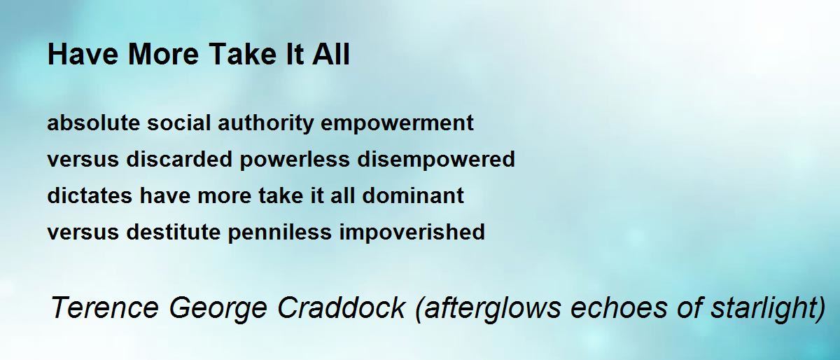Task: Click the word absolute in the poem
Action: click(93, 123)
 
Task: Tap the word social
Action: click(178, 123)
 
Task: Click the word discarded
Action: click(179, 159)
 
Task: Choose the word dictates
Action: click(90, 195)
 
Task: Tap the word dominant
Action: click(413, 195)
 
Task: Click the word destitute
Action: click(174, 232)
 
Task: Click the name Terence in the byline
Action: click(105, 307)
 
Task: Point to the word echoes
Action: click(619, 307)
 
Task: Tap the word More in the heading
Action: click(163, 54)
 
